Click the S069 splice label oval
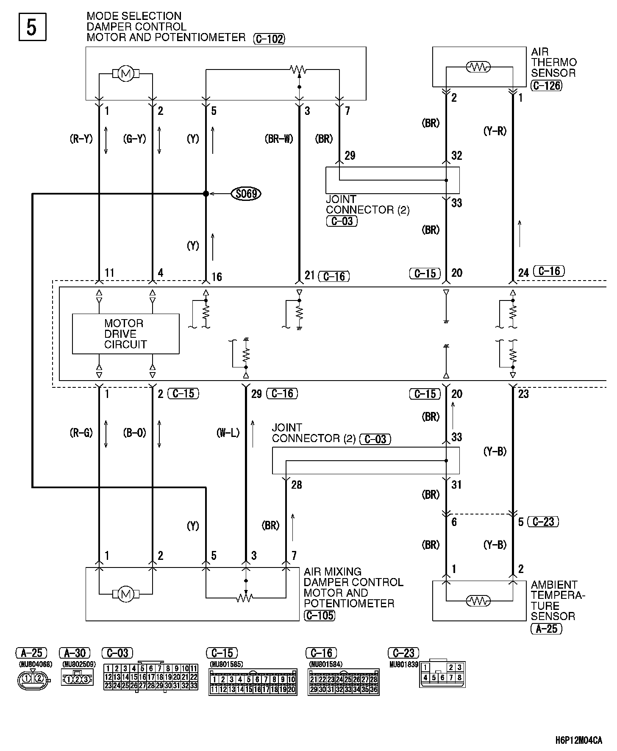[246, 194]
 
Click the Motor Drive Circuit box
[125, 334]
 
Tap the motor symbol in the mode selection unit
[125, 74]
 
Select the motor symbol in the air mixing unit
[125, 595]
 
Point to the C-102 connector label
[270, 39]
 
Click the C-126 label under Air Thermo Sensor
[547, 86]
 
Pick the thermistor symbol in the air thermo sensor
[478, 67]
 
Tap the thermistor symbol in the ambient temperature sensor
[478, 601]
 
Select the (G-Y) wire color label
[135, 139]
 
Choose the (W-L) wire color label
[228, 433]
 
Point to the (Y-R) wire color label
[495, 131]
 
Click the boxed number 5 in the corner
[32, 28]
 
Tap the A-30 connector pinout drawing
[77, 679]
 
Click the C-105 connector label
[320, 615]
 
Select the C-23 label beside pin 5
[543, 522]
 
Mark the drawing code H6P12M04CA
[578, 740]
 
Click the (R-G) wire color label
[81, 433]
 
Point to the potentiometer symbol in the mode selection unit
[299, 70]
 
